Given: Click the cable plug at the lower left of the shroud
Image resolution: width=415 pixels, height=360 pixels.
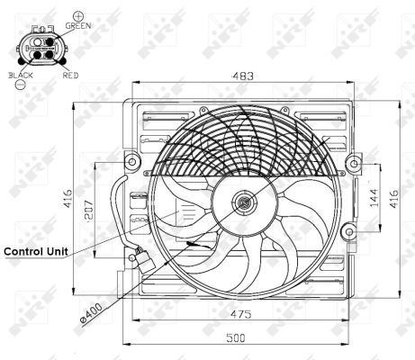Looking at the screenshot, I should [x=138, y=258].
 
